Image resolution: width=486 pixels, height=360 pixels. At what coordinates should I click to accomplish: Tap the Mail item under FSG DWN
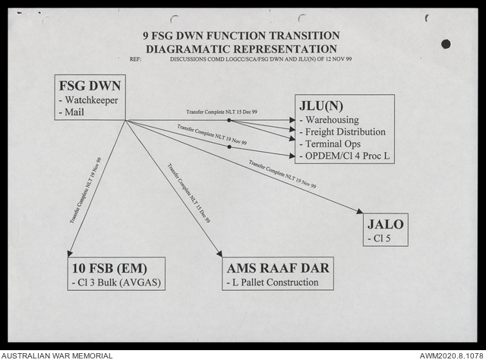[x=73, y=112]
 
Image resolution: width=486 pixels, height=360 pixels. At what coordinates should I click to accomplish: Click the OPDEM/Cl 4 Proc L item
[x=346, y=156]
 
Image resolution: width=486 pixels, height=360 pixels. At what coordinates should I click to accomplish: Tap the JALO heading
[x=386, y=223]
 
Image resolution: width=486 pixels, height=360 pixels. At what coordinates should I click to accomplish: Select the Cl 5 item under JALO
[x=380, y=237]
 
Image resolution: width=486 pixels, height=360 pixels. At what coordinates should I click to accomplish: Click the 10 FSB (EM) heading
[x=109, y=269]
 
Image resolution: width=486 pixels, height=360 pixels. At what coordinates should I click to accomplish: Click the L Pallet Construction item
[x=276, y=283]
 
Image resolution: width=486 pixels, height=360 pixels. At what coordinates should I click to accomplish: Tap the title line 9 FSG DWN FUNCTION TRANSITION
[x=241, y=35]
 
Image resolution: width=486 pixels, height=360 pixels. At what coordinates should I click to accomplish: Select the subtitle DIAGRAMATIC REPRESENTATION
[x=241, y=47]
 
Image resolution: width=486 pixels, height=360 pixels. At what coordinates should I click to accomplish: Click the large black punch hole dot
[x=446, y=43]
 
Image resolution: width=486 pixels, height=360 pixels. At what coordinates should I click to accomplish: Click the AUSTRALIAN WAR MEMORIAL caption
[x=57, y=355]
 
